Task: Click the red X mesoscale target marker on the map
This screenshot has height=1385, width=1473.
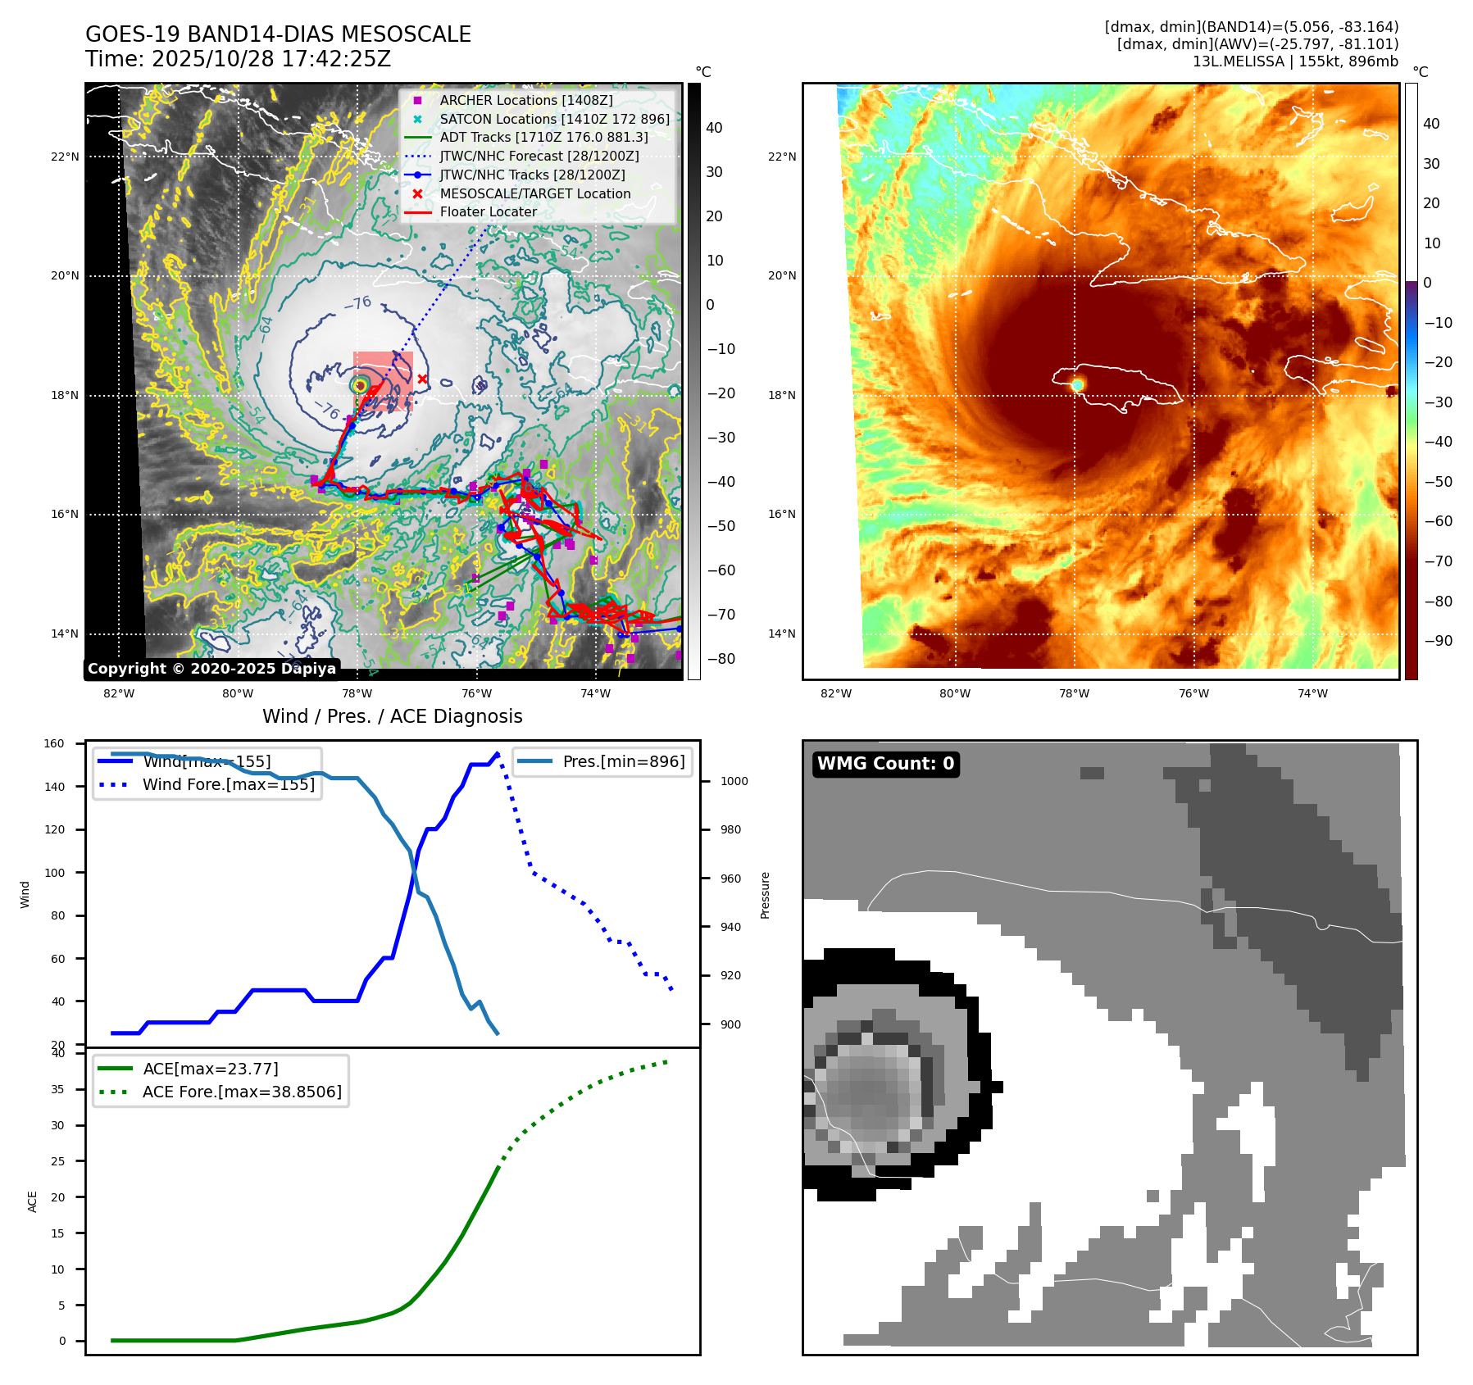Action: (422, 379)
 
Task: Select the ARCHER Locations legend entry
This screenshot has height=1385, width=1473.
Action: (525, 100)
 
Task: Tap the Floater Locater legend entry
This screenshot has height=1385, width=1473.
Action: (488, 211)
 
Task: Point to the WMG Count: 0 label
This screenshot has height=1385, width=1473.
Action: (885, 763)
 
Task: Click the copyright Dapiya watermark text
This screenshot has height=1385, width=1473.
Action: (211, 668)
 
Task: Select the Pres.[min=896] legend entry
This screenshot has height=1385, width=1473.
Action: (623, 761)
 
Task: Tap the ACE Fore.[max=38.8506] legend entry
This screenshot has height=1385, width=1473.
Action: (242, 1092)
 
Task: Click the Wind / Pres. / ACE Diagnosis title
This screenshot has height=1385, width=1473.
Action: (392, 716)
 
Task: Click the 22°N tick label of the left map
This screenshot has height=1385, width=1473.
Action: (66, 157)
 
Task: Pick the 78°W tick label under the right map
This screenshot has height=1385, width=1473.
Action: (1074, 693)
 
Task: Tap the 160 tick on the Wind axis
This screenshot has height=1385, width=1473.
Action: (54, 743)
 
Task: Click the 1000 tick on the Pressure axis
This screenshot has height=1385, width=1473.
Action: (734, 781)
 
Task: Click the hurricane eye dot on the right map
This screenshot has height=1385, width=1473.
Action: (1077, 384)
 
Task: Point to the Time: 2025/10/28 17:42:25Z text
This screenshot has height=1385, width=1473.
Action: (238, 59)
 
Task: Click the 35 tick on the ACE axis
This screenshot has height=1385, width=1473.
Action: (57, 1089)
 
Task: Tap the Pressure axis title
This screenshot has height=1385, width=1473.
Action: (765, 895)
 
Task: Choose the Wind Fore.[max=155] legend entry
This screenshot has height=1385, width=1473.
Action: (228, 784)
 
